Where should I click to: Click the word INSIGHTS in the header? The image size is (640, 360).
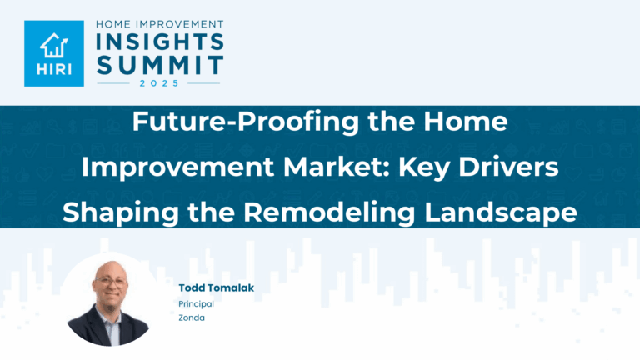pyautogui.click(x=157, y=41)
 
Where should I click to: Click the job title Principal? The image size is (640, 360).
pyautogui.click(x=196, y=304)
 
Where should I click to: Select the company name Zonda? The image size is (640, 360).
pyautogui.click(x=191, y=317)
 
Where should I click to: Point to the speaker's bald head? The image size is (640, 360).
pyautogui.click(x=107, y=270)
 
